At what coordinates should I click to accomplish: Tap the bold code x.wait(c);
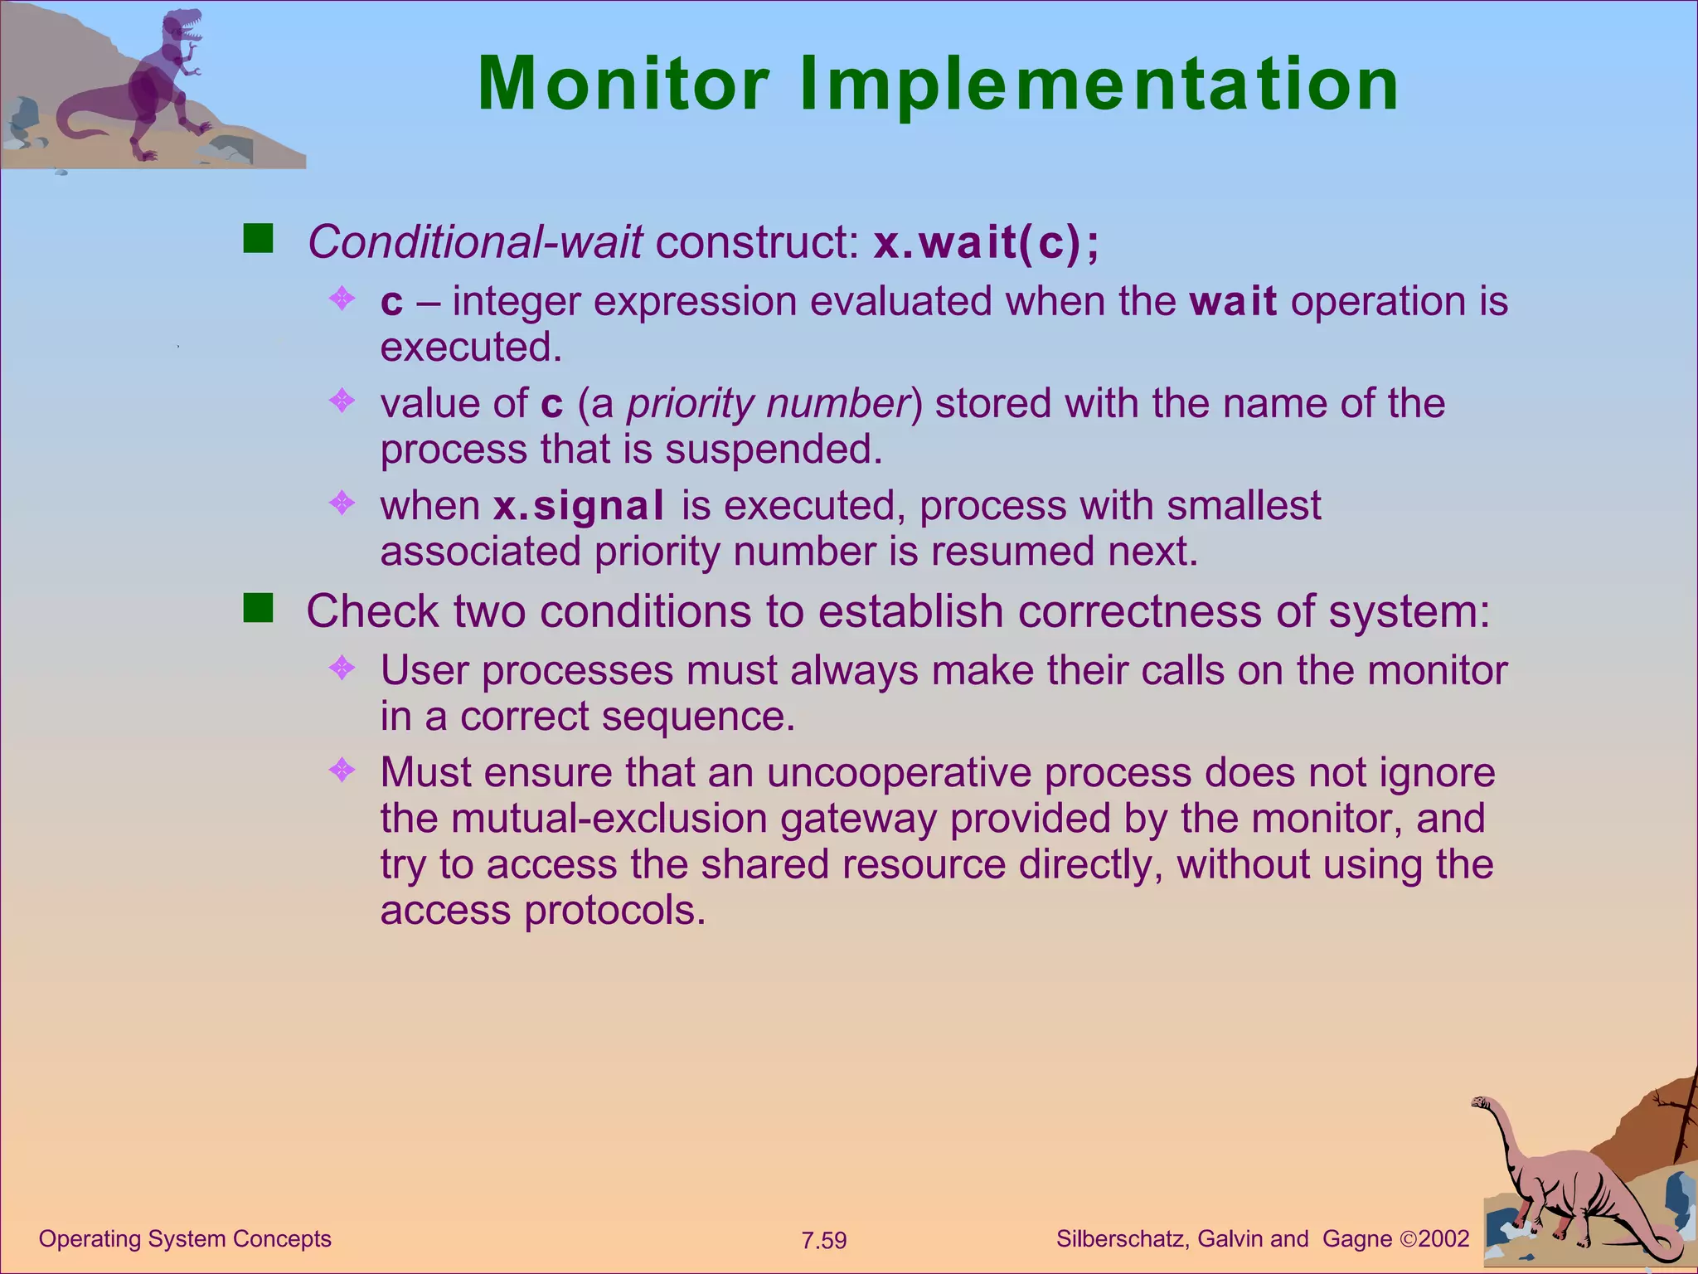(987, 243)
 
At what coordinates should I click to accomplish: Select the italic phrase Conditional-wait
(475, 242)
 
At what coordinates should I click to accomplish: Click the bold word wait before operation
(1233, 301)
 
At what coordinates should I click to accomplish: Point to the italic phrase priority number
(769, 404)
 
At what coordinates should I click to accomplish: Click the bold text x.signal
(579, 506)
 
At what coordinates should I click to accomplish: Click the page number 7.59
(823, 1241)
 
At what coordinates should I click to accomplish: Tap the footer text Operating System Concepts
(185, 1238)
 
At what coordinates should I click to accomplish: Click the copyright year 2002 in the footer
(1443, 1239)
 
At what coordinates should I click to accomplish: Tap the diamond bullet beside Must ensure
(342, 771)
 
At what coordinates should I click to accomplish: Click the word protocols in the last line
(614, 911)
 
